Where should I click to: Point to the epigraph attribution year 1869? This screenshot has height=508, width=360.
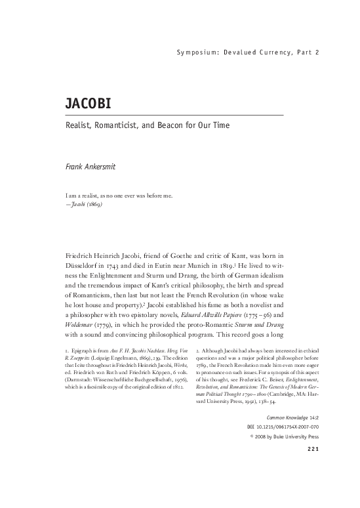coord(94,203)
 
